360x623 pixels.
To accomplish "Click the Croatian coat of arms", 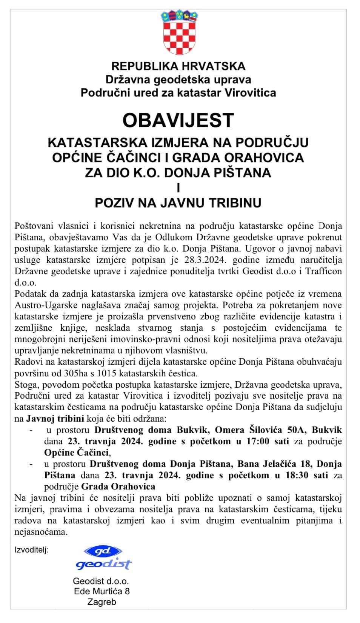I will click(178, 34).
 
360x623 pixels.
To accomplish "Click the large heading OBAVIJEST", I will click(178, 120).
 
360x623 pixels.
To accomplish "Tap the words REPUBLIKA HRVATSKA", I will click(178, 66).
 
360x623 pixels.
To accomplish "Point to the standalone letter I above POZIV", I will click(178, 188).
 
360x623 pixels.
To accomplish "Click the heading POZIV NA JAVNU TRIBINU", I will click(178, 203).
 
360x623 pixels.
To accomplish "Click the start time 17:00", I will click(258, 441).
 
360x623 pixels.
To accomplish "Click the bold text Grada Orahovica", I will click(118, 486).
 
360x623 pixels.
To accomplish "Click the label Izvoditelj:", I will click(32, 550).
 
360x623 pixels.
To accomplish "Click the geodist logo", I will click(103, 558).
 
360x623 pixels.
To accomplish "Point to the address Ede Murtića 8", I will click(102, 591).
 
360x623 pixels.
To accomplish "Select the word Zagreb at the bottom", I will click(102, 602).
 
